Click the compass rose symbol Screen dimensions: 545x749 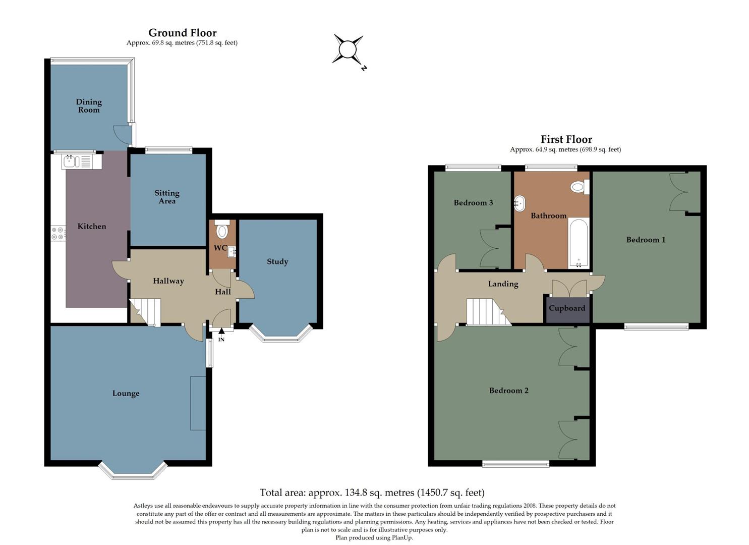point(348,50)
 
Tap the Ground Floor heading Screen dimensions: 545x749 point(182,33)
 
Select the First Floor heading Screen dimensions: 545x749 point(566,139)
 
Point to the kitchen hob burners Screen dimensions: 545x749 point(58,233)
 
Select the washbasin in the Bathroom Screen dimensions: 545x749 point(520,204)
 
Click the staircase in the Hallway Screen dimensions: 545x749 point(145,311)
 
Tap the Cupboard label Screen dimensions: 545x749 point(567,308)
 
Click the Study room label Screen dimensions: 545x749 point(277,261)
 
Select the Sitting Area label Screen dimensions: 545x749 point(167,197)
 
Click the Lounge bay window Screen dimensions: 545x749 point(133,471)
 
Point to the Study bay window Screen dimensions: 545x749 point(281,336)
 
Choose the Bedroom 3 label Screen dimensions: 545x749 point(473,203)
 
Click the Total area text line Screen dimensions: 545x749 point(372,493)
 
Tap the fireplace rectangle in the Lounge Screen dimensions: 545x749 point(198,403)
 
